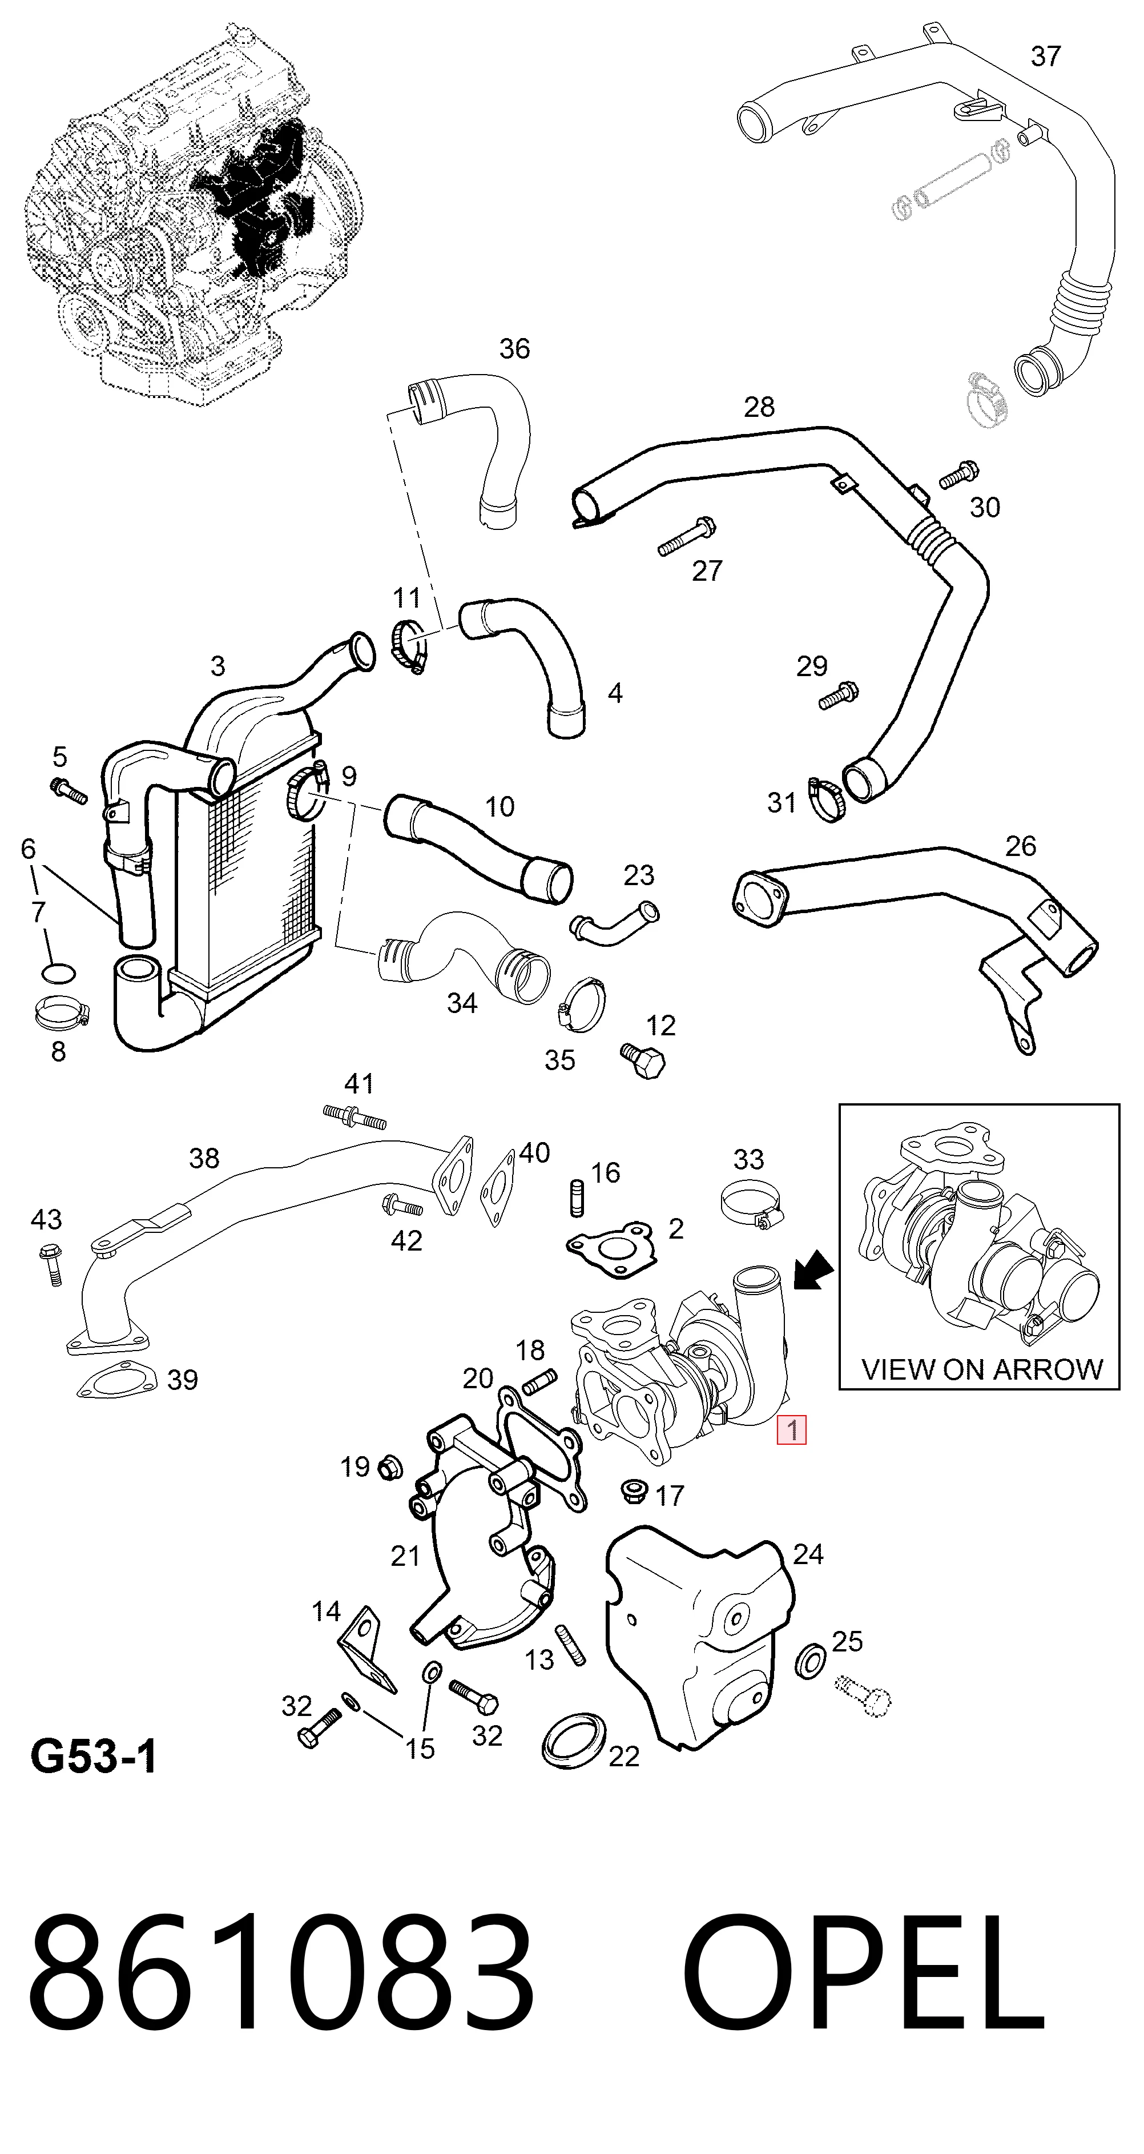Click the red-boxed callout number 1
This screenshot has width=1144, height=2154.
[791, 1430]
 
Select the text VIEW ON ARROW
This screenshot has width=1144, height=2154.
[982, 1369]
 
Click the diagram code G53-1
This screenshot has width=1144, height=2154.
[94, 1756]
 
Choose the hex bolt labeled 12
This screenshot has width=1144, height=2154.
[643, 1059]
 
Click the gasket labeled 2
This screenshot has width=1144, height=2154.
[611, 1248]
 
